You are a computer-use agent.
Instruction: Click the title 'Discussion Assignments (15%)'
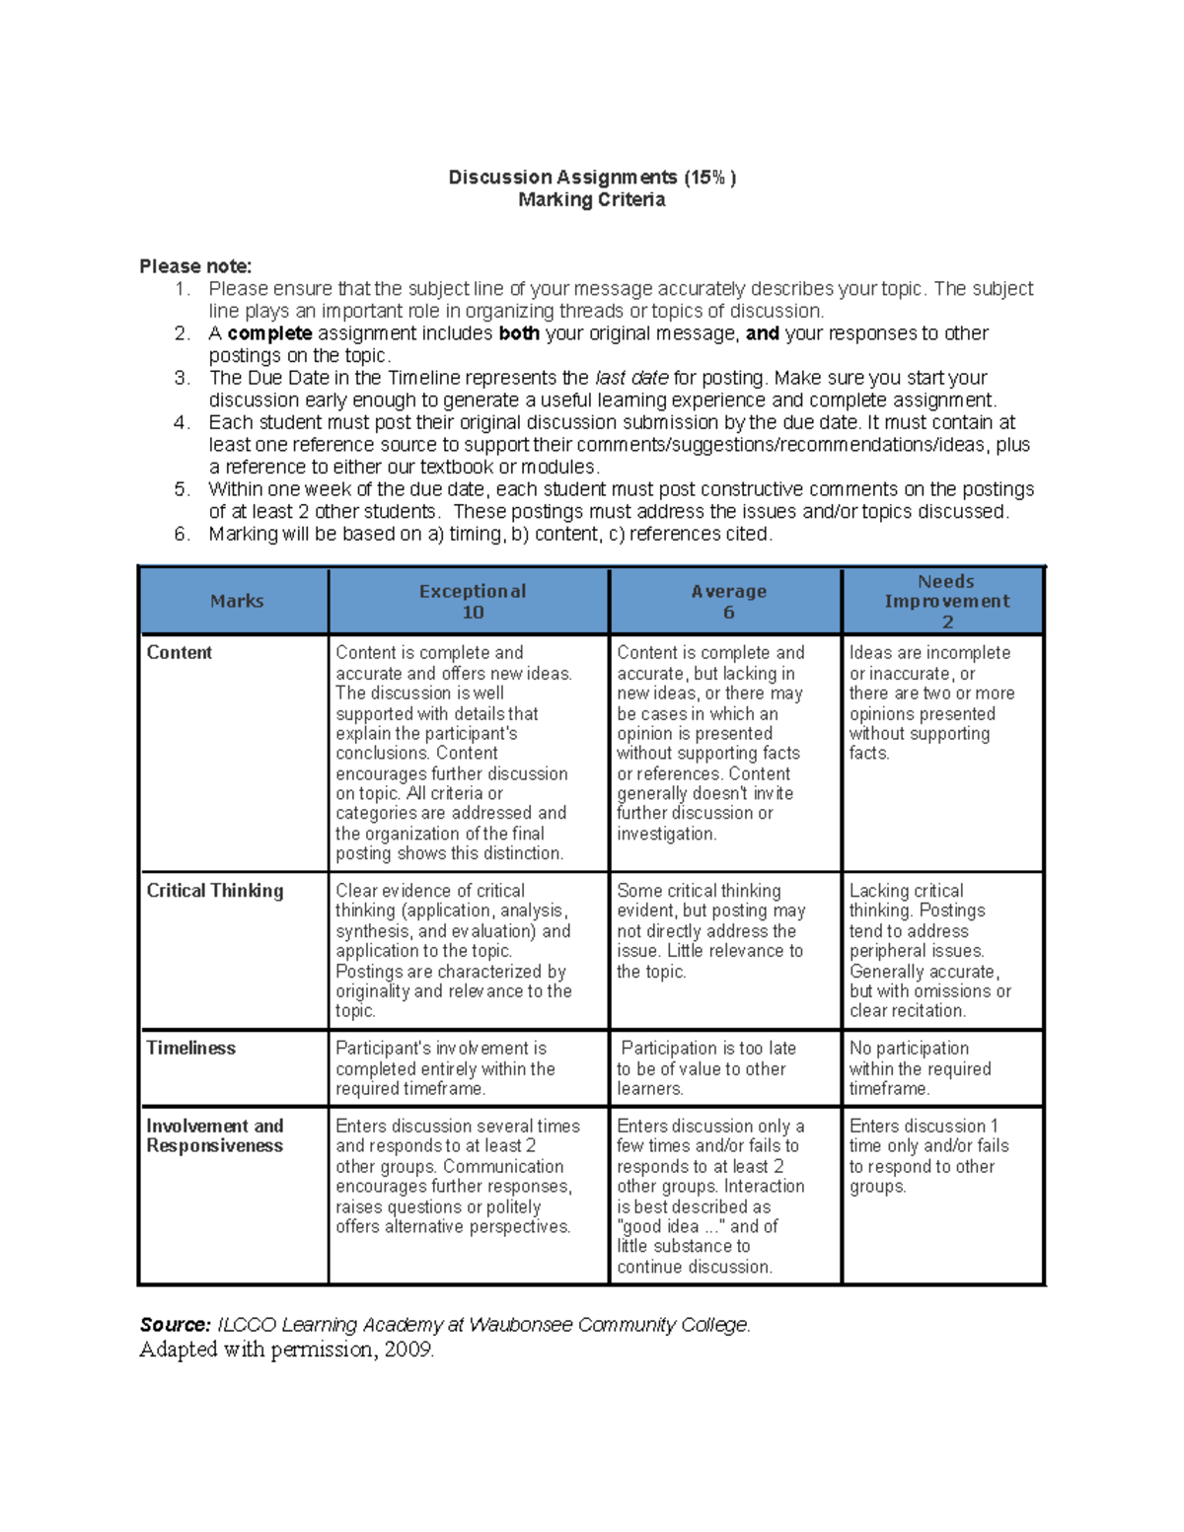tap(592, 178)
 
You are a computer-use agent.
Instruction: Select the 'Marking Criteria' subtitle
tap(592, 200)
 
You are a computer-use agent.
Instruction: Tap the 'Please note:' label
tap(195, 266)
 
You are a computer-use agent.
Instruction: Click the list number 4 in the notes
tap(182, 423)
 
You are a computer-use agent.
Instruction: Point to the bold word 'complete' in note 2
tap(269, 333)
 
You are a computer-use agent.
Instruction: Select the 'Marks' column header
tap(236, 601)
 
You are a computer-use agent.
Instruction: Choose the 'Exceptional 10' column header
tap(472, 601)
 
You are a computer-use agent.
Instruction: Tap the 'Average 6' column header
tap(728, 601)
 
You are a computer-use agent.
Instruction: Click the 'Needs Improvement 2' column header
tap(946, 601)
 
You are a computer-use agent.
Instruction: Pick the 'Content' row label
tap(179, 653)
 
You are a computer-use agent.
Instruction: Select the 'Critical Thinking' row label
tap(214, 891)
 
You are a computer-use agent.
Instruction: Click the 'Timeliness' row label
tap(190, 1049)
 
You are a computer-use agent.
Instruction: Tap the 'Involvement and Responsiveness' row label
tap(214, 1136)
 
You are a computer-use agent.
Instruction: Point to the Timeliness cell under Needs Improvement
tap(920, 1068)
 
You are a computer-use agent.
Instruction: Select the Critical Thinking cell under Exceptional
tap(453, 951)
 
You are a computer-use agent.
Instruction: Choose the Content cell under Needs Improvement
tap(930, 702)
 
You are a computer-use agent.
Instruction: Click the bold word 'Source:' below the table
tap(175, 1325)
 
